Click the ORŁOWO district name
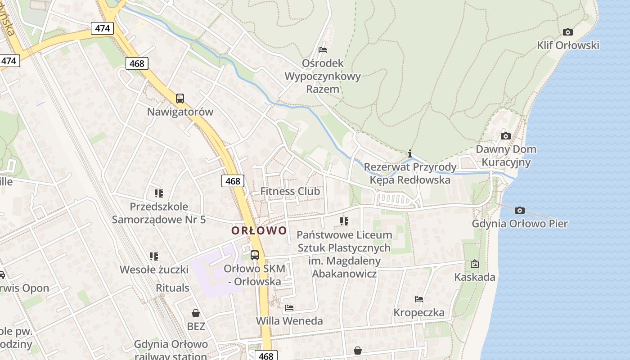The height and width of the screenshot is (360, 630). [x=259, y=231]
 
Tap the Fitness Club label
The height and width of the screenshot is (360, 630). [x=290, y=191]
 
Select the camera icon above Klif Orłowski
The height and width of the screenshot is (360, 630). [x=568, y=32]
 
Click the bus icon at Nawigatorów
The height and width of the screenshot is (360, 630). [x=180, y=98]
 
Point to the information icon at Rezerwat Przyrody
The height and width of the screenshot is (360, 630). [x=409, y=153]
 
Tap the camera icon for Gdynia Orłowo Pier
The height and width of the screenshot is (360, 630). [x=520, y=210]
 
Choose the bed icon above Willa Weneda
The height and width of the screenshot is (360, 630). [x=289, y=308]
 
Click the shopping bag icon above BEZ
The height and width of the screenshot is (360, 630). [x=196, y=313]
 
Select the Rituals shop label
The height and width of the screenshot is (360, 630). [x=173, y=288]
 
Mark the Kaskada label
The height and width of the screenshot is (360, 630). [x=475, y=277]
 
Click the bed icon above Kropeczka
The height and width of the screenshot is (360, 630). [x=419, y=299]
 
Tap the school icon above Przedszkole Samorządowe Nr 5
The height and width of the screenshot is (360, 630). [x=158, y=193]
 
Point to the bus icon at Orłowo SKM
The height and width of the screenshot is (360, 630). [x=255, y=255]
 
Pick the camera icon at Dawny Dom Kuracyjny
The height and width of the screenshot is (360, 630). [x=506, y=136]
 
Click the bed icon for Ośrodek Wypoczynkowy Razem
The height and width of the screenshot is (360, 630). [x=323, y=49]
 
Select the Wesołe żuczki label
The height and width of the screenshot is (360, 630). [x=154, y=270]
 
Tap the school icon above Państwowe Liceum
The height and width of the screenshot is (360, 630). [x=344, y=221]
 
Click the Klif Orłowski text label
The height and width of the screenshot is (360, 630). [x=568, y=45]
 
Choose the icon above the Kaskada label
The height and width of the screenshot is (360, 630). [x=474, y=264]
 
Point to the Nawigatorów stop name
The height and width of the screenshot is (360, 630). [x=180, y=112]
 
